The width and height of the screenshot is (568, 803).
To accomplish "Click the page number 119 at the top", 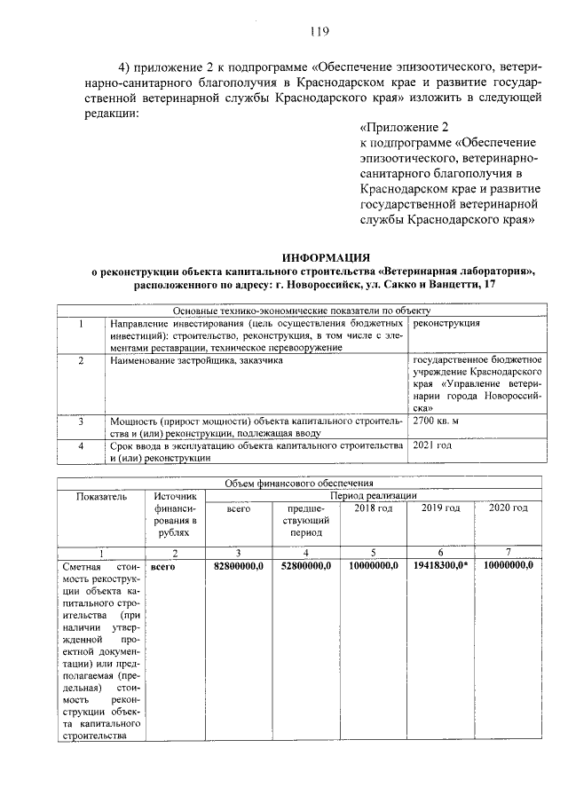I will (319, 33).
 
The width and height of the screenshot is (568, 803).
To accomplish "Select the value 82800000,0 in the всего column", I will (240, 565).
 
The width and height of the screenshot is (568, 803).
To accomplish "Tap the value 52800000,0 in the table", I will (305, 565).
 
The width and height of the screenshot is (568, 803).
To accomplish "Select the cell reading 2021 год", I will (433, 445).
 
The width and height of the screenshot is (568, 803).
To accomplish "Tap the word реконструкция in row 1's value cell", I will (448, 325).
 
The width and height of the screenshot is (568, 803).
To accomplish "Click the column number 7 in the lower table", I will (508, 553).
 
